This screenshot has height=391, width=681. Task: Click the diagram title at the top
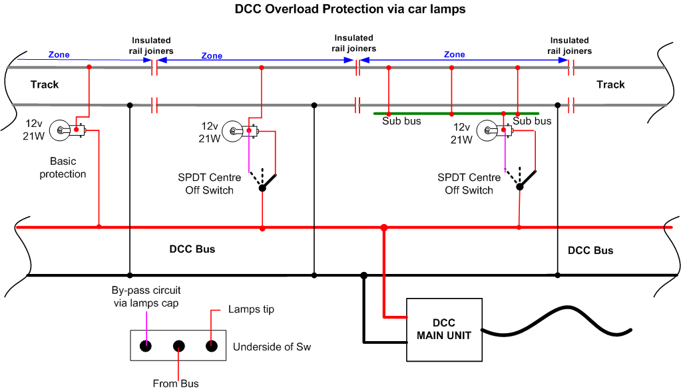pos(350,9)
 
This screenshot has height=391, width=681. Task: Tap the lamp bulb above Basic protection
pos(67,130)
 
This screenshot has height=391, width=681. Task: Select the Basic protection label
pos(63,168)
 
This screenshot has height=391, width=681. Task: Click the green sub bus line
pos(456,114)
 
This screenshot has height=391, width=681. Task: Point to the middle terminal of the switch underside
pos(179,346)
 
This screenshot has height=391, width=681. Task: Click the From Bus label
pos(176,384)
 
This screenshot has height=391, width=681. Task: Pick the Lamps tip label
pos(251,309)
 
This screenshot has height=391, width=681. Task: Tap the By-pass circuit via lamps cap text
pos(146,297)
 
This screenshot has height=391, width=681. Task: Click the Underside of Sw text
pos(272,346)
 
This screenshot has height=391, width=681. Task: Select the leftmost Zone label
pos(59,55)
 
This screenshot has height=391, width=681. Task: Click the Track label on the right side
pos(610,84)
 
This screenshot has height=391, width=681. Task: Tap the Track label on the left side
pos(45,84)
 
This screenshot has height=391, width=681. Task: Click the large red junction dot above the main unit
pos(384,228)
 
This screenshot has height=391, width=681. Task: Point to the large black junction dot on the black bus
pos(364,275)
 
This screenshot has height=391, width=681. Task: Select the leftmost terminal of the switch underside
pos(146,346)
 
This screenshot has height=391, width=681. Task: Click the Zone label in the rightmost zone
pos(454,55)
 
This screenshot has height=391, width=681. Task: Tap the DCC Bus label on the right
pos(590,251)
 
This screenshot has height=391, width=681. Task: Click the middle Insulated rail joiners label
pos(354,43)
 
